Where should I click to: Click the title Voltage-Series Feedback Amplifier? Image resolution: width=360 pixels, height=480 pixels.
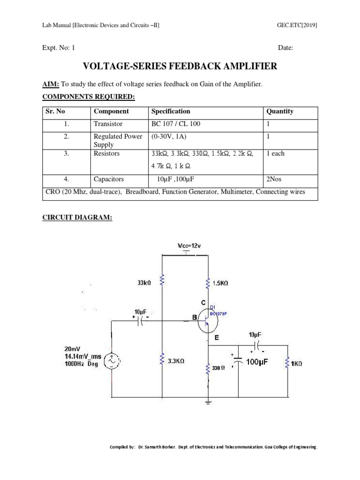[180, 67]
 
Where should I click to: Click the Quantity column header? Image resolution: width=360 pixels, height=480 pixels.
[280, 112]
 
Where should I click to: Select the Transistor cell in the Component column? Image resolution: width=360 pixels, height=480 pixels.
[108, 124]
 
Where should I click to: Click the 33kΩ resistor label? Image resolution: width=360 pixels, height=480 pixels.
[144, 283]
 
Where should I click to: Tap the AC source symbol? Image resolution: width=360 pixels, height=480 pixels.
[112, 361]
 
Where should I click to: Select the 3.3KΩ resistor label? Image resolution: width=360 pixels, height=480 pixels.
[175, 361]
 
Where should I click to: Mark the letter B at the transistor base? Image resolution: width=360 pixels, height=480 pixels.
[194, 318]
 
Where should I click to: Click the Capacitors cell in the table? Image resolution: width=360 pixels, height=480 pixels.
[109, 179]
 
